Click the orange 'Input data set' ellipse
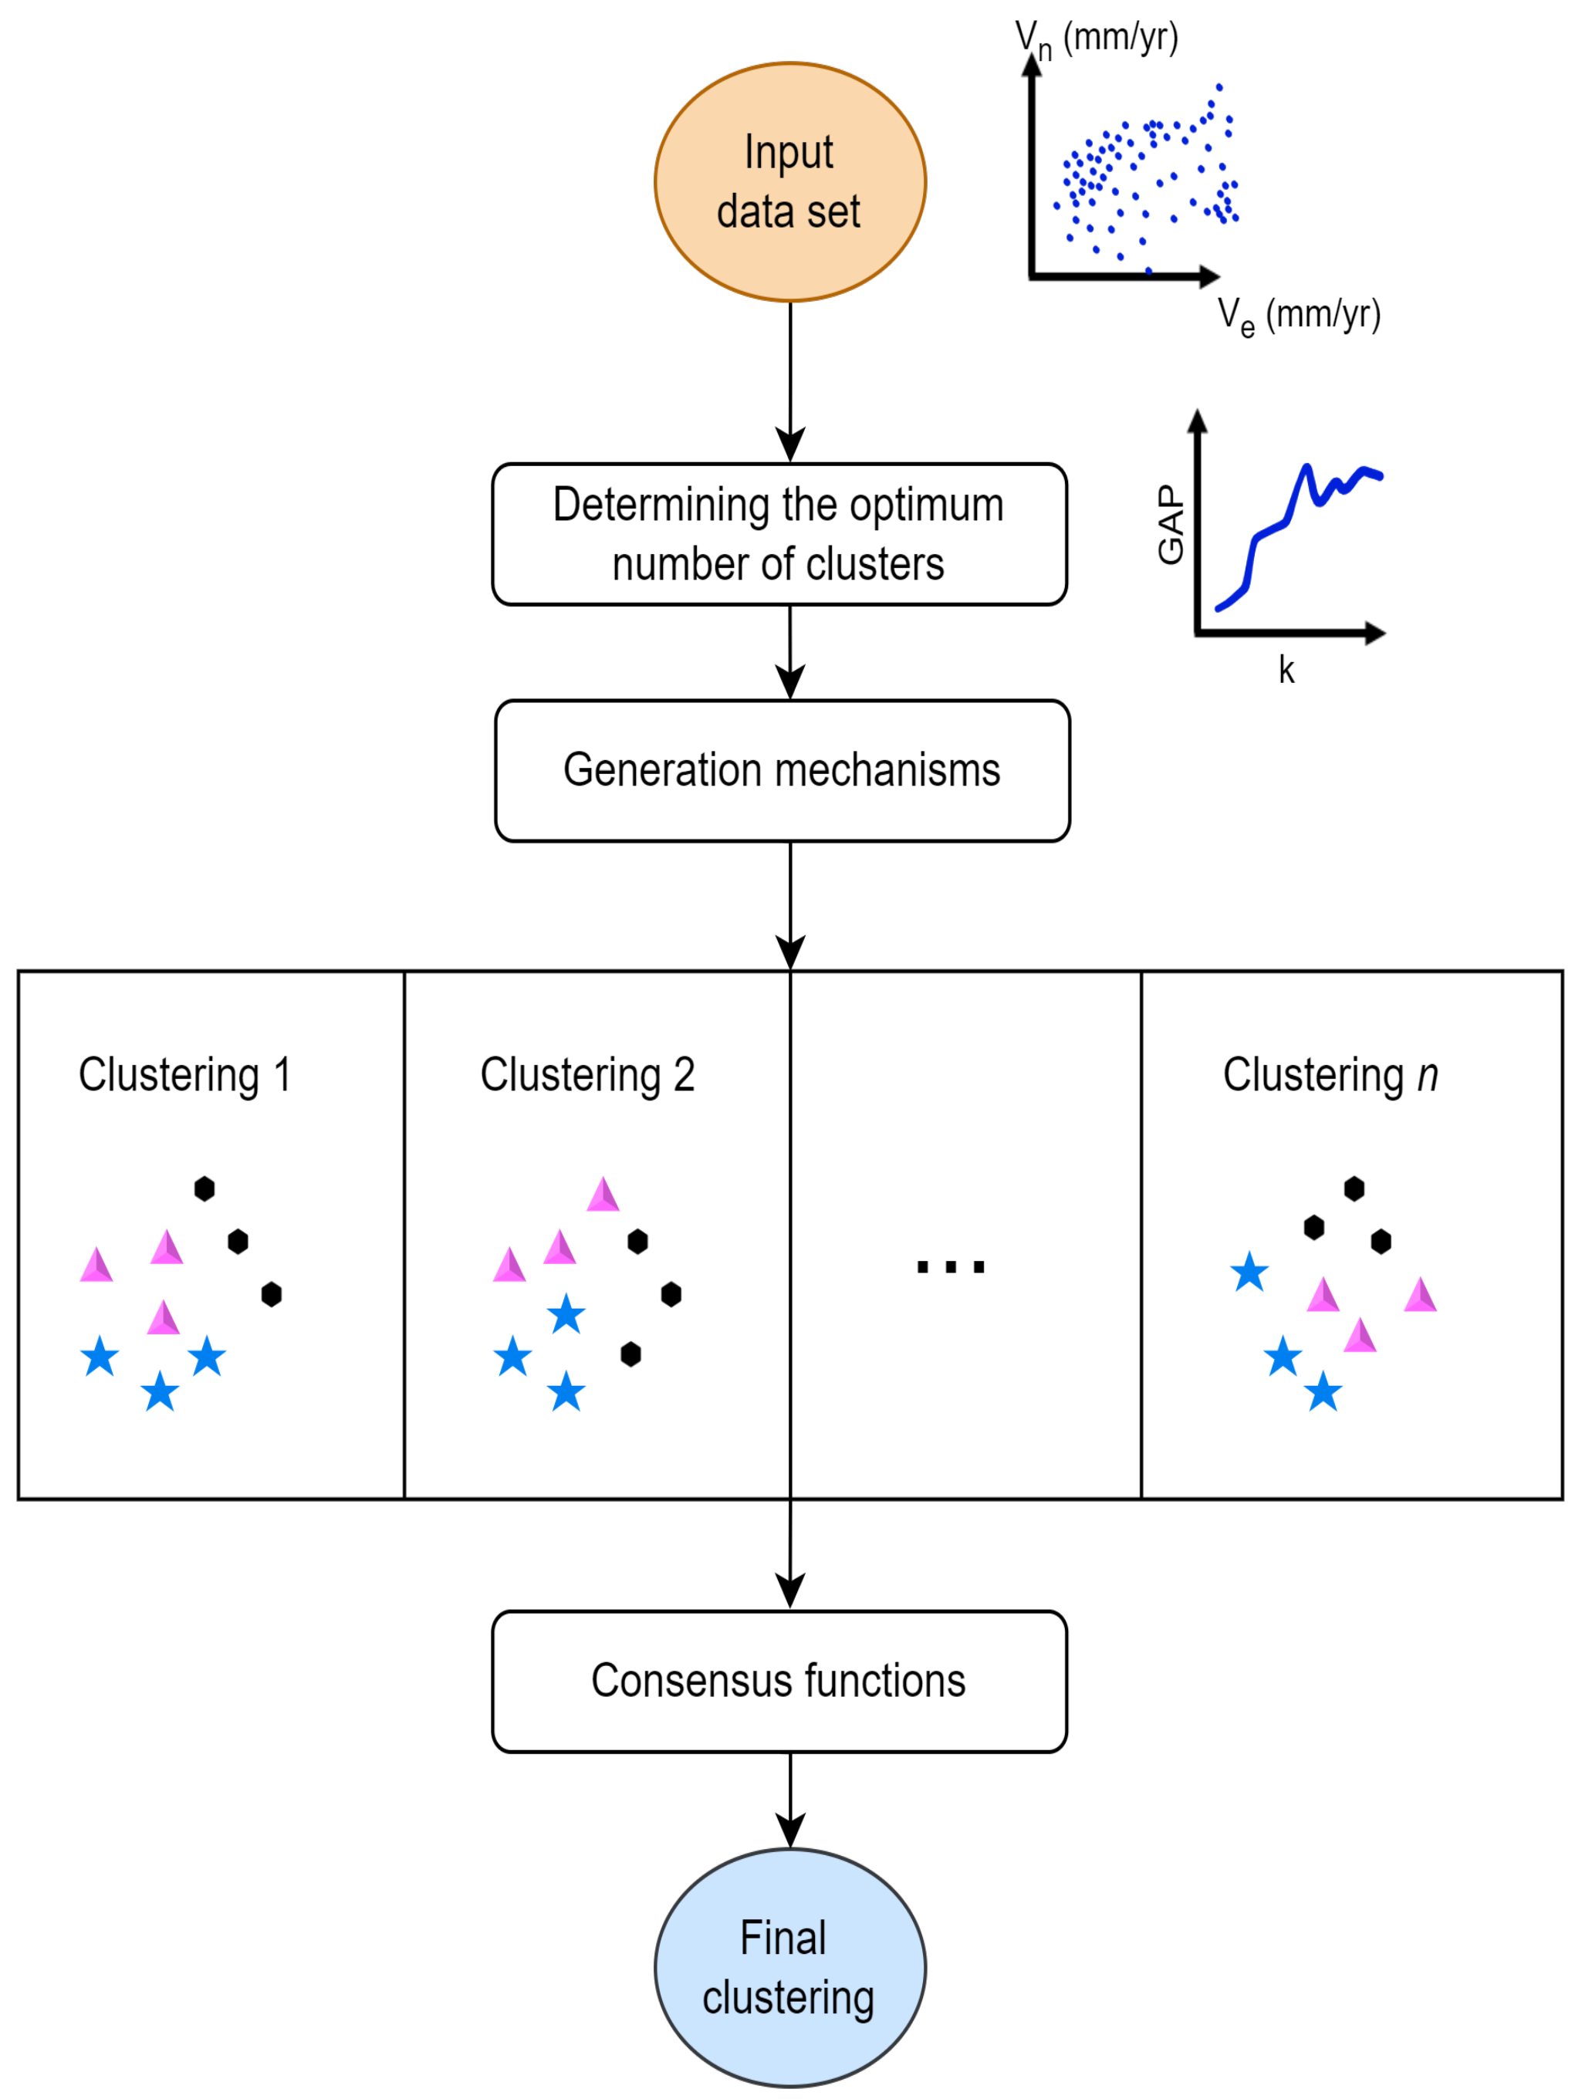tap(789, 182)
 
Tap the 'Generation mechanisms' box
tap(782, 770)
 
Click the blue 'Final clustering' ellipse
tap(789, 1967)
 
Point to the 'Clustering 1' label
tap(184, 1075)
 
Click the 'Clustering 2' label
tap(587, 1075)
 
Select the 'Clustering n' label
tap(1330, 1075)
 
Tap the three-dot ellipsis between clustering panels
tap(951, 1266)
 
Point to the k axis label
tap(1286, 670)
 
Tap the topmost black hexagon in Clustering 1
tap(204, 1188)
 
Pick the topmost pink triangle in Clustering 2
tap(603, 1195)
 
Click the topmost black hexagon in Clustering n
tap(1354, 1188)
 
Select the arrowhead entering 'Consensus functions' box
tap(789, 1590)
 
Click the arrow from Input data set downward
tap(789, 380)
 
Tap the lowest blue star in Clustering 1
tap(161, 1391)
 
